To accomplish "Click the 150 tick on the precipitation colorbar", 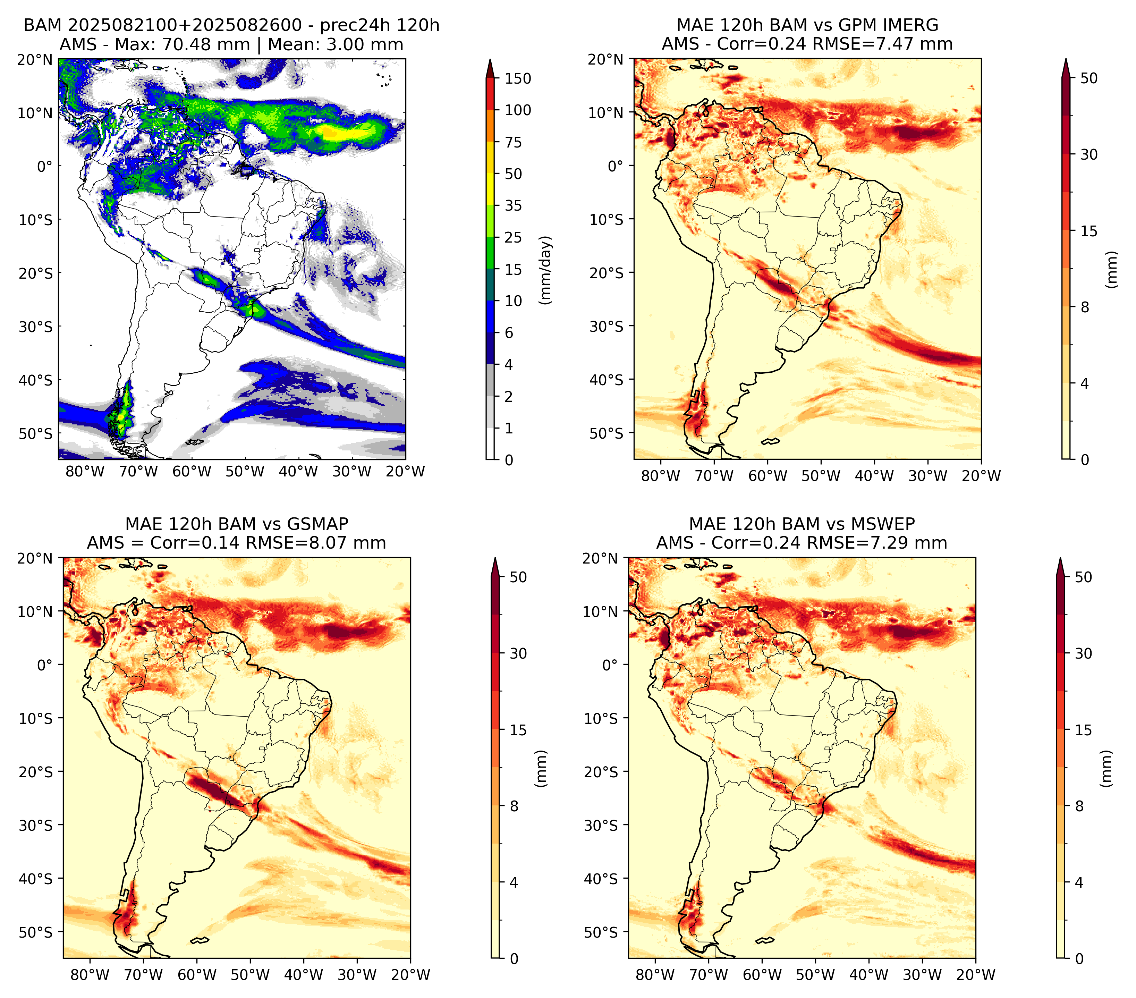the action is (x=517, y=78).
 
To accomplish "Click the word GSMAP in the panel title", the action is (x=318, y=524).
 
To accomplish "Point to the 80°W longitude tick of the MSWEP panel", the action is (x=655, y=975).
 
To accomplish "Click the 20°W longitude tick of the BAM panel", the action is (x=405, y=471).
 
